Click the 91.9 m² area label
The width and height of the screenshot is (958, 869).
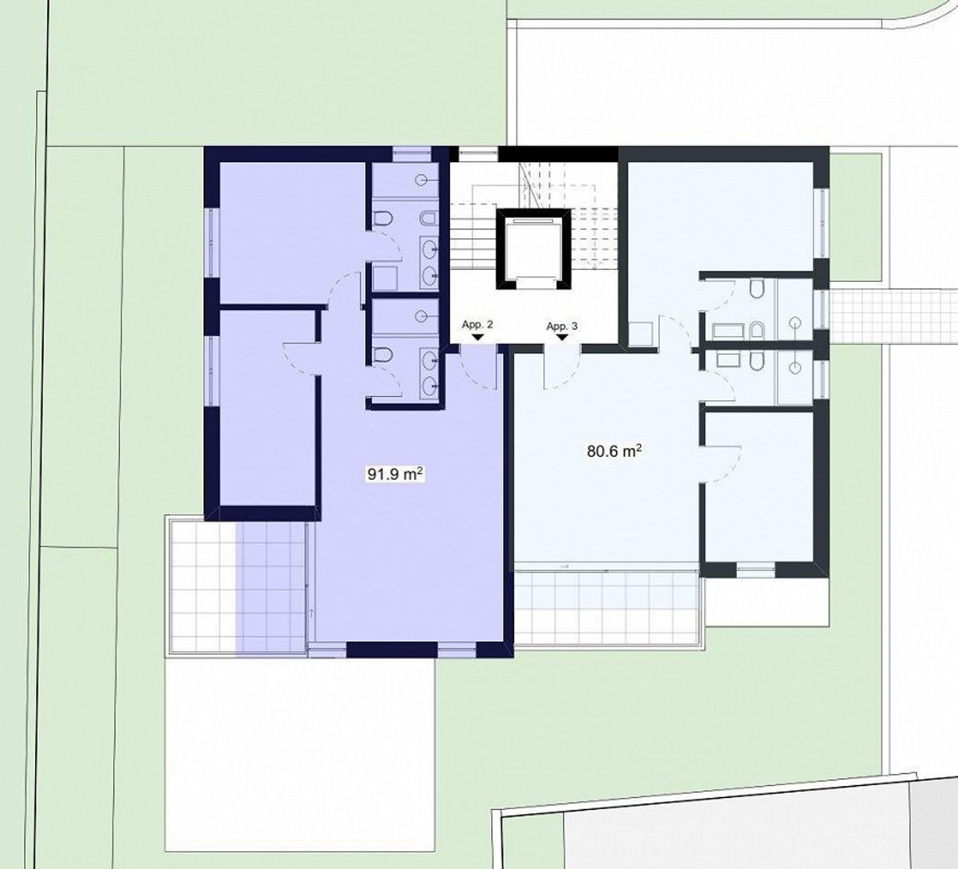click(x=394, y=474)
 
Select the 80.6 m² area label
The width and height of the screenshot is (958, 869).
click(x=615, y=451)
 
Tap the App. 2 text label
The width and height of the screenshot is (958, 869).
click(x=477, y=325)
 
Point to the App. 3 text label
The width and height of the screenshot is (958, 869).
click(x=562, y=326)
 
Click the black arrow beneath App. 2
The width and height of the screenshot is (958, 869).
click(x=477, y=338)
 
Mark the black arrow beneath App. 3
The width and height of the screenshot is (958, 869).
click(x=563, y=338)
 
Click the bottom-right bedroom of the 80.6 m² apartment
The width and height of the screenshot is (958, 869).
click(x=758, y=487)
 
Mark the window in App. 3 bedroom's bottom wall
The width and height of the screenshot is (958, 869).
click(x=754, y=569)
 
